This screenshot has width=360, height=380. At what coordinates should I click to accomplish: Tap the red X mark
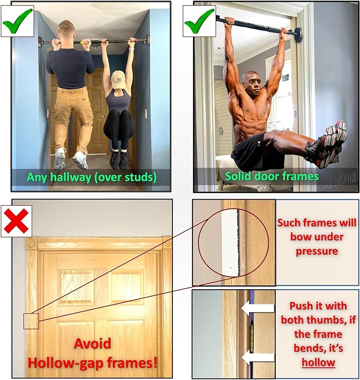point(15,220)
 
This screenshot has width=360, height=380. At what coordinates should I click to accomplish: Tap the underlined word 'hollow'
point(318,363)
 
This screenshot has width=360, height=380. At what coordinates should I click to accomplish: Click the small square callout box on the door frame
point(31,321)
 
